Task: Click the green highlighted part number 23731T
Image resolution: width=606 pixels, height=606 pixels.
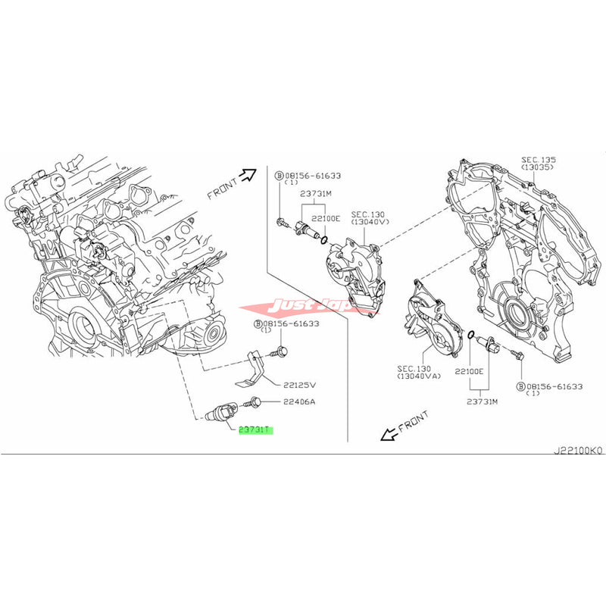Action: [x=255, y=430]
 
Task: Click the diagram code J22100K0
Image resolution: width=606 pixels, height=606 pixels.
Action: [x=577, y=449]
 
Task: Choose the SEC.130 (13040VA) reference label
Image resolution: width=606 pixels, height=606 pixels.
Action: [x=416, y=373]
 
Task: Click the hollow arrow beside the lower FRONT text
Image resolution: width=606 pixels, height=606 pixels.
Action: [x=389, y=432]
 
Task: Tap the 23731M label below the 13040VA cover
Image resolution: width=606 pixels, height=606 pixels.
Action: [x=482, y=401]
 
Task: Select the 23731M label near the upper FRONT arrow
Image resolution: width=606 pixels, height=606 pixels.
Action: [x=316, y=192]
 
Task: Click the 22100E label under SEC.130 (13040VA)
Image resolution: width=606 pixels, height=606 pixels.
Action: [x=469, y=373]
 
